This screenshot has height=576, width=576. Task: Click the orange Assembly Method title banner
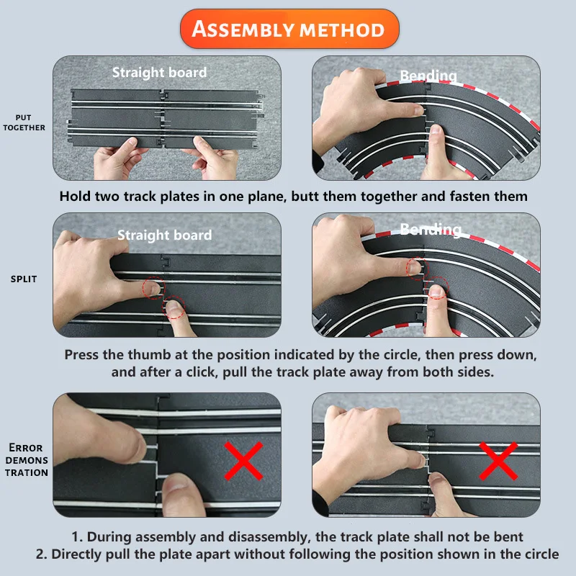(x=289, y=29)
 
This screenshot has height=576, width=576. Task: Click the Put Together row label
(x=24, y=122)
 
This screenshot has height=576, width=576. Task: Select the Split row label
(x=24, y=279)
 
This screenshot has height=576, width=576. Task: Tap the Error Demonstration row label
(x=27, y=460)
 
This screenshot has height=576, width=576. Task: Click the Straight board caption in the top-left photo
(x=159, y=73)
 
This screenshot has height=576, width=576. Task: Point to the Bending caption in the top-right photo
(x=428, y=76)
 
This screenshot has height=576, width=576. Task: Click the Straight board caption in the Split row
(x=165, y=235)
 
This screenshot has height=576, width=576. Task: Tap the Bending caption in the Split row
(x=430, y=229)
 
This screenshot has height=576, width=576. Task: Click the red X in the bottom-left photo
(x=243, y=461)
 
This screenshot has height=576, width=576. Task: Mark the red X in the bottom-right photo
(x=498, y=461)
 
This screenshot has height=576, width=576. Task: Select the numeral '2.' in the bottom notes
(x=42, y=554)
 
